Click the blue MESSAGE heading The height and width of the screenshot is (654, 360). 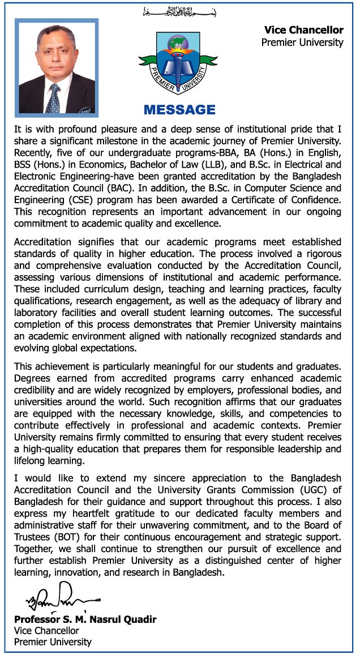[x=179, y=109]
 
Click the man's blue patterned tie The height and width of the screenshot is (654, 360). [x=54, y=97]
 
